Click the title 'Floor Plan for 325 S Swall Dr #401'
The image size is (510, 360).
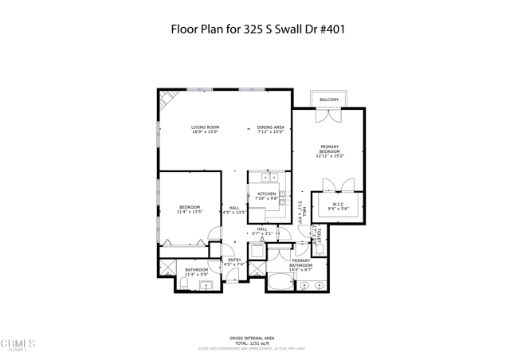(259, 30)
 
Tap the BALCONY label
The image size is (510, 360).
(329, 100)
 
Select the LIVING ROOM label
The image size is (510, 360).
(205, 127)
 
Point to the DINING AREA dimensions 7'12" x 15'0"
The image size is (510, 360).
(270, 132)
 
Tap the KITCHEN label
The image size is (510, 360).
(266, 194)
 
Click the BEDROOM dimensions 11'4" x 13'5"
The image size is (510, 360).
(190, 212)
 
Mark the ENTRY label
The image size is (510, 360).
(234, 260)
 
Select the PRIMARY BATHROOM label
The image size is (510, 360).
(301, 263)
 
